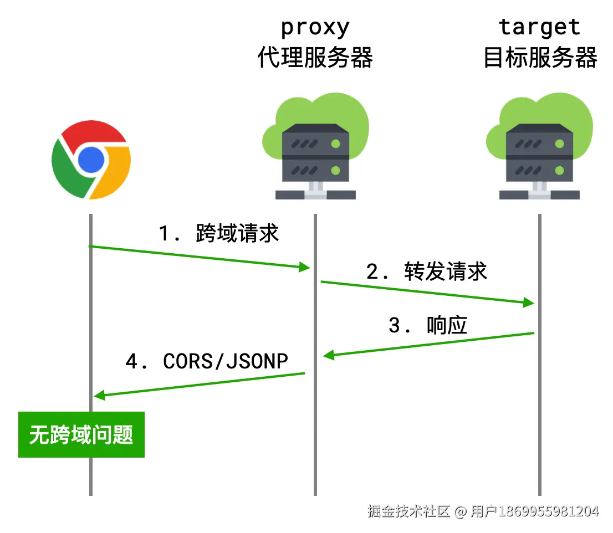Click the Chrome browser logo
point(91,160)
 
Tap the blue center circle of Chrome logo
point(91,160)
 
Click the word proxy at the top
point(315,27)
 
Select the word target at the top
point(539,27)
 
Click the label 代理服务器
point(315,57)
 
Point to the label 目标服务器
point(540,57)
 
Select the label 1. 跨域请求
point(219,233)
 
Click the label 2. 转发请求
point(426,271)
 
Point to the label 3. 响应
point(427,325)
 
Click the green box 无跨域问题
point(81,434)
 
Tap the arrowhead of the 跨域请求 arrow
point(304,268)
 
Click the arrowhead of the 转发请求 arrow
point(529,303)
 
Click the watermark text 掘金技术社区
point(408,511)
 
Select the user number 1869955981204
point(549,511)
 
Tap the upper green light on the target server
point(559,144)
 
